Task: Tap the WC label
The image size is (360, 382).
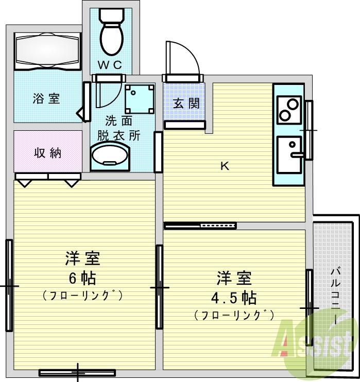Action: [110, 65]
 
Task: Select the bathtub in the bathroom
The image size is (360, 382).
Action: [47, 51]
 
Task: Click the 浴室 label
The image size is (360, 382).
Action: [46, 98]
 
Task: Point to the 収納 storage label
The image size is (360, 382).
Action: [48, 153]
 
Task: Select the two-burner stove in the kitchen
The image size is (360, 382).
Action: [288, 109]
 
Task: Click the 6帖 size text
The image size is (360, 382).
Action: [82, 278]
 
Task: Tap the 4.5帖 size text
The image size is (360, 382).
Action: [234, 298]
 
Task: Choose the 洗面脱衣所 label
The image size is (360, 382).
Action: [119, 128]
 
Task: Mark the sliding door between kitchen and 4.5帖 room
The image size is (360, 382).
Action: [200, 225]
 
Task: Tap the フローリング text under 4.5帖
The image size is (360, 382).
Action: [234, 315]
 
